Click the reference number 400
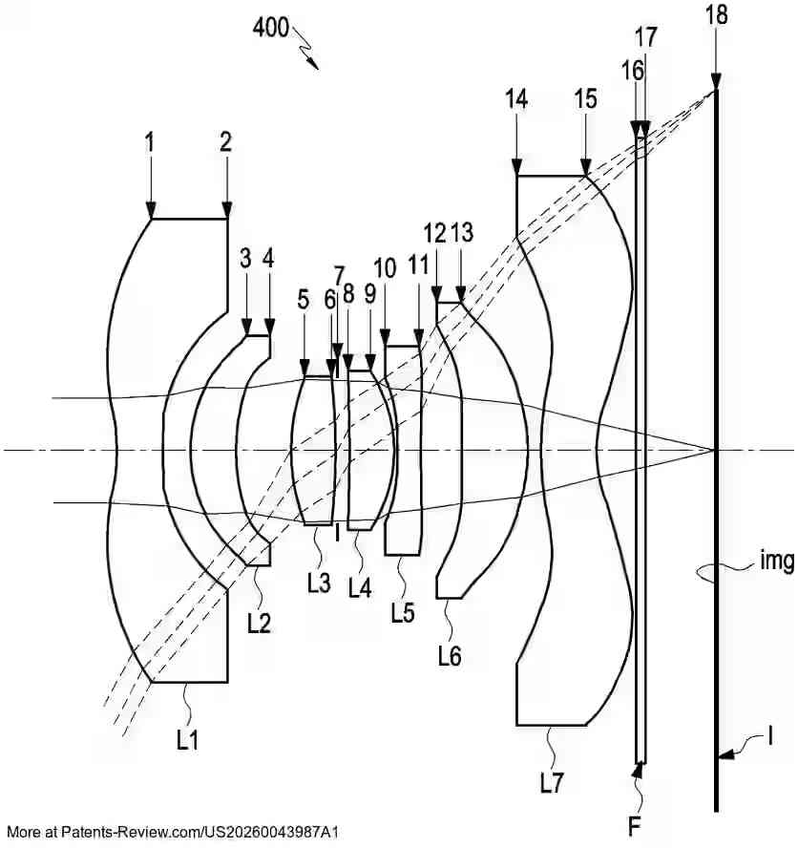click(x=271, y=28)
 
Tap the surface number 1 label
click(x=150, y=142)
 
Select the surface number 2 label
click(x=226, y=142)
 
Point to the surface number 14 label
click(x=516, y=98)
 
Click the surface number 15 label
click(x=585, y=98)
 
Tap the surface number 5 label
click(x=304, y=300)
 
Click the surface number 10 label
click(x=385, y=268)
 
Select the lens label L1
click(x=188, y=738)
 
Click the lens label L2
click(x=259, y=623)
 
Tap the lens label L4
click(x=359, y=588)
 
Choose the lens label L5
click(x=403, y=613)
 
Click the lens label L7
click(x=552, y=783)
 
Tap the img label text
click(x=778, y=562)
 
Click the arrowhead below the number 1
click(x=151, y=212)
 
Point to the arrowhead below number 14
click(x=516, y=168)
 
